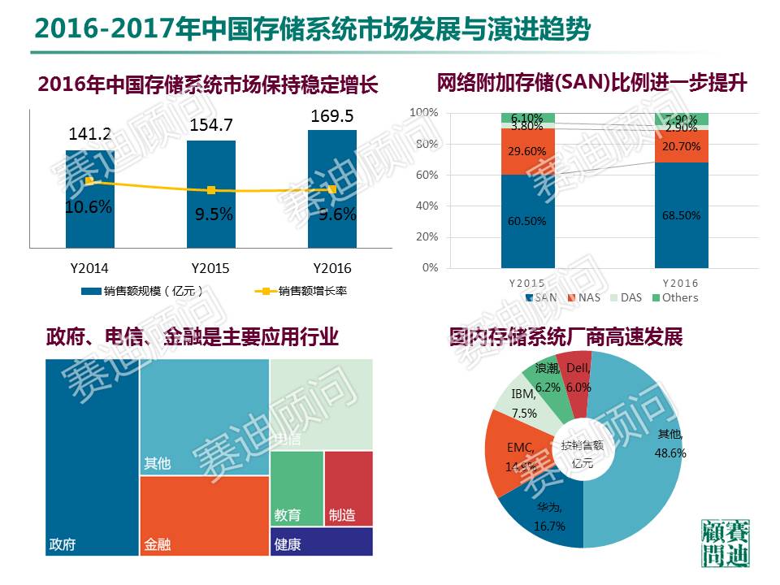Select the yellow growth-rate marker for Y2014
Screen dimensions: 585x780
tap(89, 181)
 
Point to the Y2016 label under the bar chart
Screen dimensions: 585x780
tap(332, 268)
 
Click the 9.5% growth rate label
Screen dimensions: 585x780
tap(213, 215)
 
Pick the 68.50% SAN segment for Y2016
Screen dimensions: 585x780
tap(681, 215)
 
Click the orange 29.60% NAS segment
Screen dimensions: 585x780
tap(527, 152)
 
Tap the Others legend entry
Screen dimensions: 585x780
tap(674, 297)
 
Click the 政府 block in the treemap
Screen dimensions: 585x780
tap(91, 455)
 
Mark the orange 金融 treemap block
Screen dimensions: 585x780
tap(204, 515)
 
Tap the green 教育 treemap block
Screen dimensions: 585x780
tap(296, 487)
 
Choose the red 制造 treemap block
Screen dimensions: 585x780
tap(348, 487)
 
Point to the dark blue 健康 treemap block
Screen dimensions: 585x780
tap(321, 542)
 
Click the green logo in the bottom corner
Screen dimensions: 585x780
tap(725, 542)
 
